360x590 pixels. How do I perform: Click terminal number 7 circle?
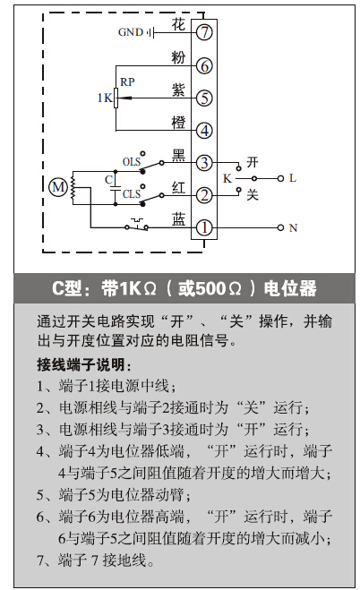click(204, 32)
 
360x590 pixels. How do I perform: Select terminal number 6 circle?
click(204, 66)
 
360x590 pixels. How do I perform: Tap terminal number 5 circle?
click(204, 98)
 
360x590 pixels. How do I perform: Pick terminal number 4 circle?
click(204, 131)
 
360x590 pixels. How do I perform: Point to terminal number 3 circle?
click(204, 163)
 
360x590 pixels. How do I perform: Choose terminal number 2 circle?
click(204, 195)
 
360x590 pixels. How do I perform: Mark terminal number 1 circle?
click(204, 227)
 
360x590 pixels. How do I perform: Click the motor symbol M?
click(58, 186)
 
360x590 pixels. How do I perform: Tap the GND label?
click(131, 32)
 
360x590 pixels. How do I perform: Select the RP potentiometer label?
click(127, 81)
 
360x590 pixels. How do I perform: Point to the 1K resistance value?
click(105, 98)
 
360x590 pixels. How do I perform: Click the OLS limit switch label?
click(132, 162)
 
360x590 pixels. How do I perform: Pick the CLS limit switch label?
click(132, 194)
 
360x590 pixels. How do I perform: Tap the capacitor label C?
click(108, 179)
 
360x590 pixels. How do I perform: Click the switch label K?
click(227, 178)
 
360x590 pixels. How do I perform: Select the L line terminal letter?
click(293, 178)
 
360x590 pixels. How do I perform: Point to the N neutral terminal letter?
click(293, 227)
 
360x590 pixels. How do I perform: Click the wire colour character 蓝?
click(179, 219)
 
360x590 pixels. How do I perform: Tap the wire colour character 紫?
click(178, 90)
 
